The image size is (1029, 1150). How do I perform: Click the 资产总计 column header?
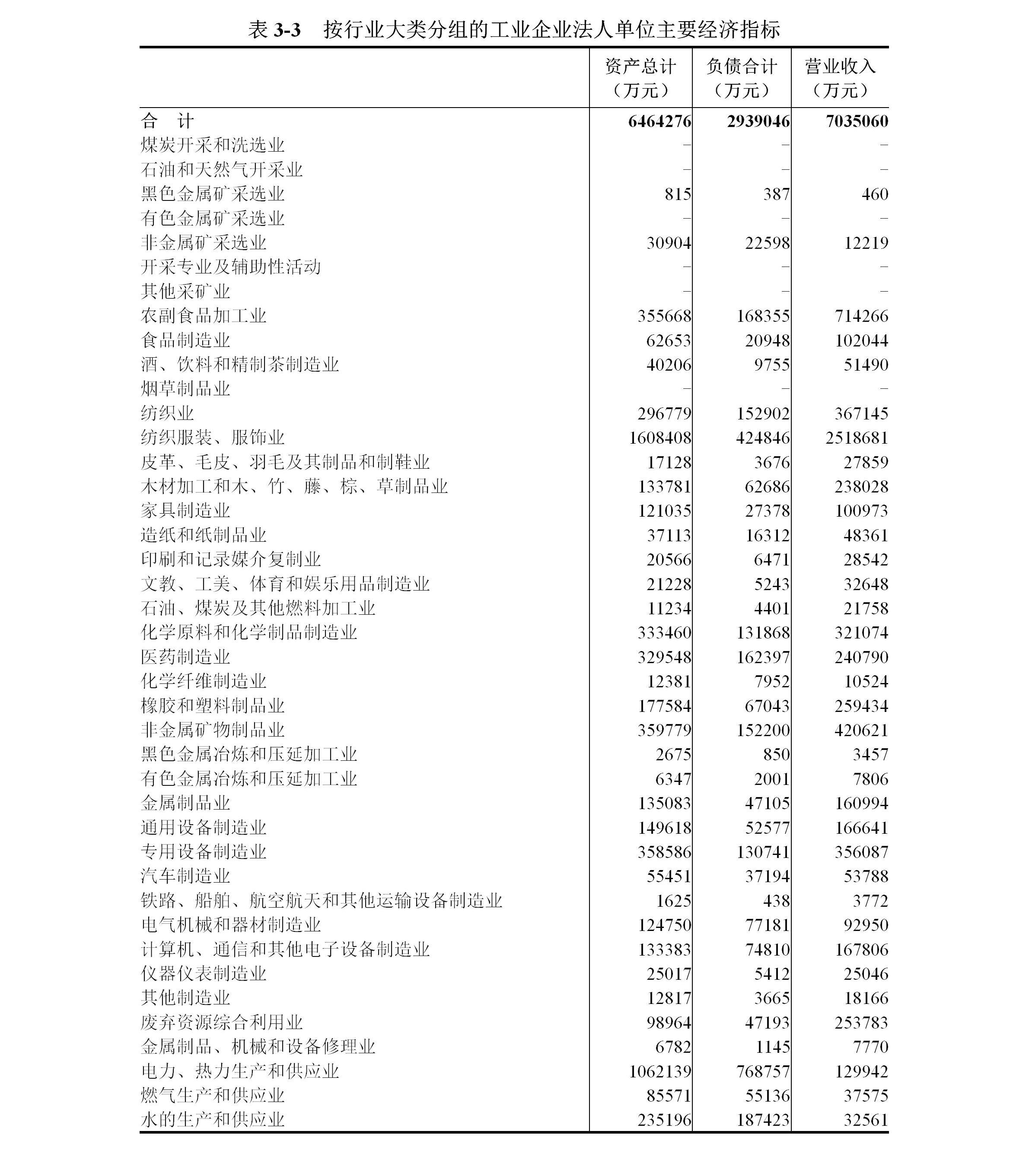[640, 78]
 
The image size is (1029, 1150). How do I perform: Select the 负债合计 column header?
[741, 78]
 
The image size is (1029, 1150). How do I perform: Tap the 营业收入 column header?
[840, 78]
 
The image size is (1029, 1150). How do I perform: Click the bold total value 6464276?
[659, 121]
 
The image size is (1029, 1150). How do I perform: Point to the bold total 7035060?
[857, 121]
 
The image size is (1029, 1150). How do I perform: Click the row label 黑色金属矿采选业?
[213, 194]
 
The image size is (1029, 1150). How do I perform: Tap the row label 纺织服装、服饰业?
[213, 437]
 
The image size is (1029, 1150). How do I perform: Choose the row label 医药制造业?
[185, 657]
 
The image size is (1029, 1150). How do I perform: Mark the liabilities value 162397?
[763, 657]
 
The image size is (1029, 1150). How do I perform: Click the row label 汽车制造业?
[185, 876]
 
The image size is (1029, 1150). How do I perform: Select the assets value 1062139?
[660, 1071]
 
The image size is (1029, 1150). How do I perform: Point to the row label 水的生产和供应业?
[213, 1119]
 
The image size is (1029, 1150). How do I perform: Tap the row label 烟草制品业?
[185, 389]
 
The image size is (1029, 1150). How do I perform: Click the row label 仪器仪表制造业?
[204, 974]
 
